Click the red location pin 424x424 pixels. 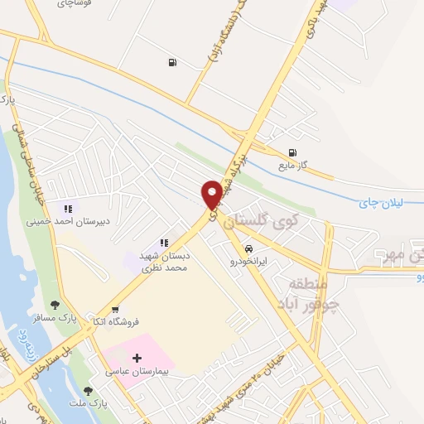pos(212,194)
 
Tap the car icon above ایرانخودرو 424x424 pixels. pos(248,248)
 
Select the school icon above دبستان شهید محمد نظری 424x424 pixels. pos(164,243)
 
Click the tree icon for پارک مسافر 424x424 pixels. pos(55,306)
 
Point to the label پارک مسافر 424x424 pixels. pos(50,318)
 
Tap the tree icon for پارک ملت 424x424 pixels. pos(89,389)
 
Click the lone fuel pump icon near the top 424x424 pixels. pos(171,61)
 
